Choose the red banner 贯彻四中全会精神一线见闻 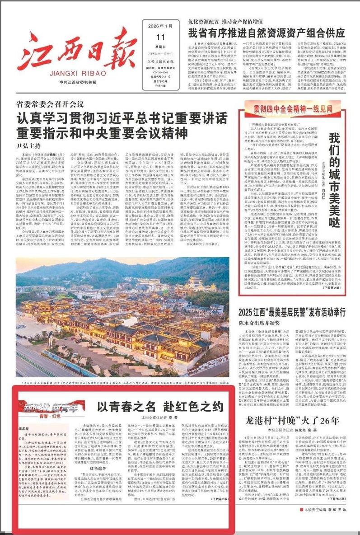tap(295, 108)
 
